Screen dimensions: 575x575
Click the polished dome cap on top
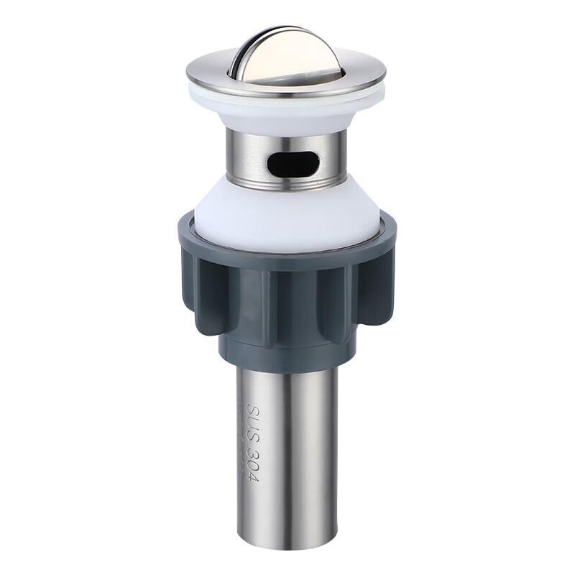coord(287,54)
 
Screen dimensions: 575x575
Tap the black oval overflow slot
coord(292,163)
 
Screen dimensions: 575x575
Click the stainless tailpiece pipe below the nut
coord(302,460)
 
